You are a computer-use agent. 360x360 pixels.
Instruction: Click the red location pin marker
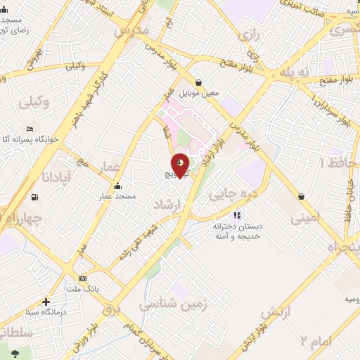(181, 165)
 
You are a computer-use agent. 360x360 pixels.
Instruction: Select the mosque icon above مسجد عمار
(116, 186)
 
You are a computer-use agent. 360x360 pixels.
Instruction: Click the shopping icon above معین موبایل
(199, 82)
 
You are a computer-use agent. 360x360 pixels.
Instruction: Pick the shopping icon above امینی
(301, 195)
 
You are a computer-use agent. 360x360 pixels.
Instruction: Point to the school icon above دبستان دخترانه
(237, 215)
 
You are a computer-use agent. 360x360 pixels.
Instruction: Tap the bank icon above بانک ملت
(82, 278)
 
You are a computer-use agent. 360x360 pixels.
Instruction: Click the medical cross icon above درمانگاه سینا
(46, 302)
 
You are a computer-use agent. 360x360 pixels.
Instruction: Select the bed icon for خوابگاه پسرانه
(29, 129)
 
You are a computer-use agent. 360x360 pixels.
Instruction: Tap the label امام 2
(312, 342)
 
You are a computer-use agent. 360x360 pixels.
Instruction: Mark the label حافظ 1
(332, 163)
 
